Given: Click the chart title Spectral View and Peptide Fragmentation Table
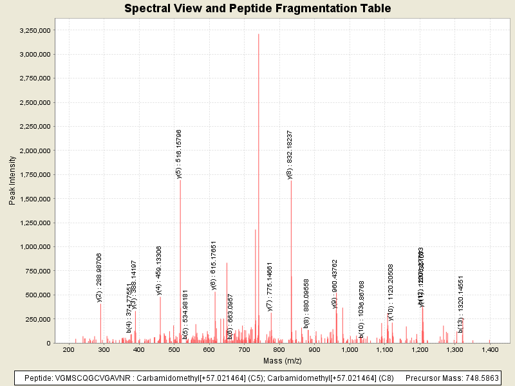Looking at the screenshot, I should [x=257, y=9].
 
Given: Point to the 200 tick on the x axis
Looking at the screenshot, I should [x=69, y=349].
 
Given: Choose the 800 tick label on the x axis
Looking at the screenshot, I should [x=279, y=349].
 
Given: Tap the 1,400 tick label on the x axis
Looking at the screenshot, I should [x=490, y=349].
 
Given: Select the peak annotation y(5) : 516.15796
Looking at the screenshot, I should [x=180, y=154].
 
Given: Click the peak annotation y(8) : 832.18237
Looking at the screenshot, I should [x=290, y=154].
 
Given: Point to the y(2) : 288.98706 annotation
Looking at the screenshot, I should [x=100, y=277].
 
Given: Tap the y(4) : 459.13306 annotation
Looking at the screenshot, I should [x=160, y=270].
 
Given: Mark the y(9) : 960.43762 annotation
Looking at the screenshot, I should [x=335, y=284].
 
